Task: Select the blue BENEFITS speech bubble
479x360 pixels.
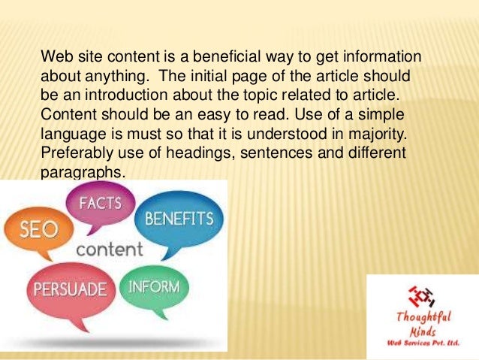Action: pos(178,219)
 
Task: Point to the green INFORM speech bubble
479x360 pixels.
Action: pos(154,287)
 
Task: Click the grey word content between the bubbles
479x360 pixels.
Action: pos(109,249)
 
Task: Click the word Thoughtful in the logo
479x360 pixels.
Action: pos(423,316)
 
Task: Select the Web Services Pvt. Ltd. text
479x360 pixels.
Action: pos(423,343)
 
